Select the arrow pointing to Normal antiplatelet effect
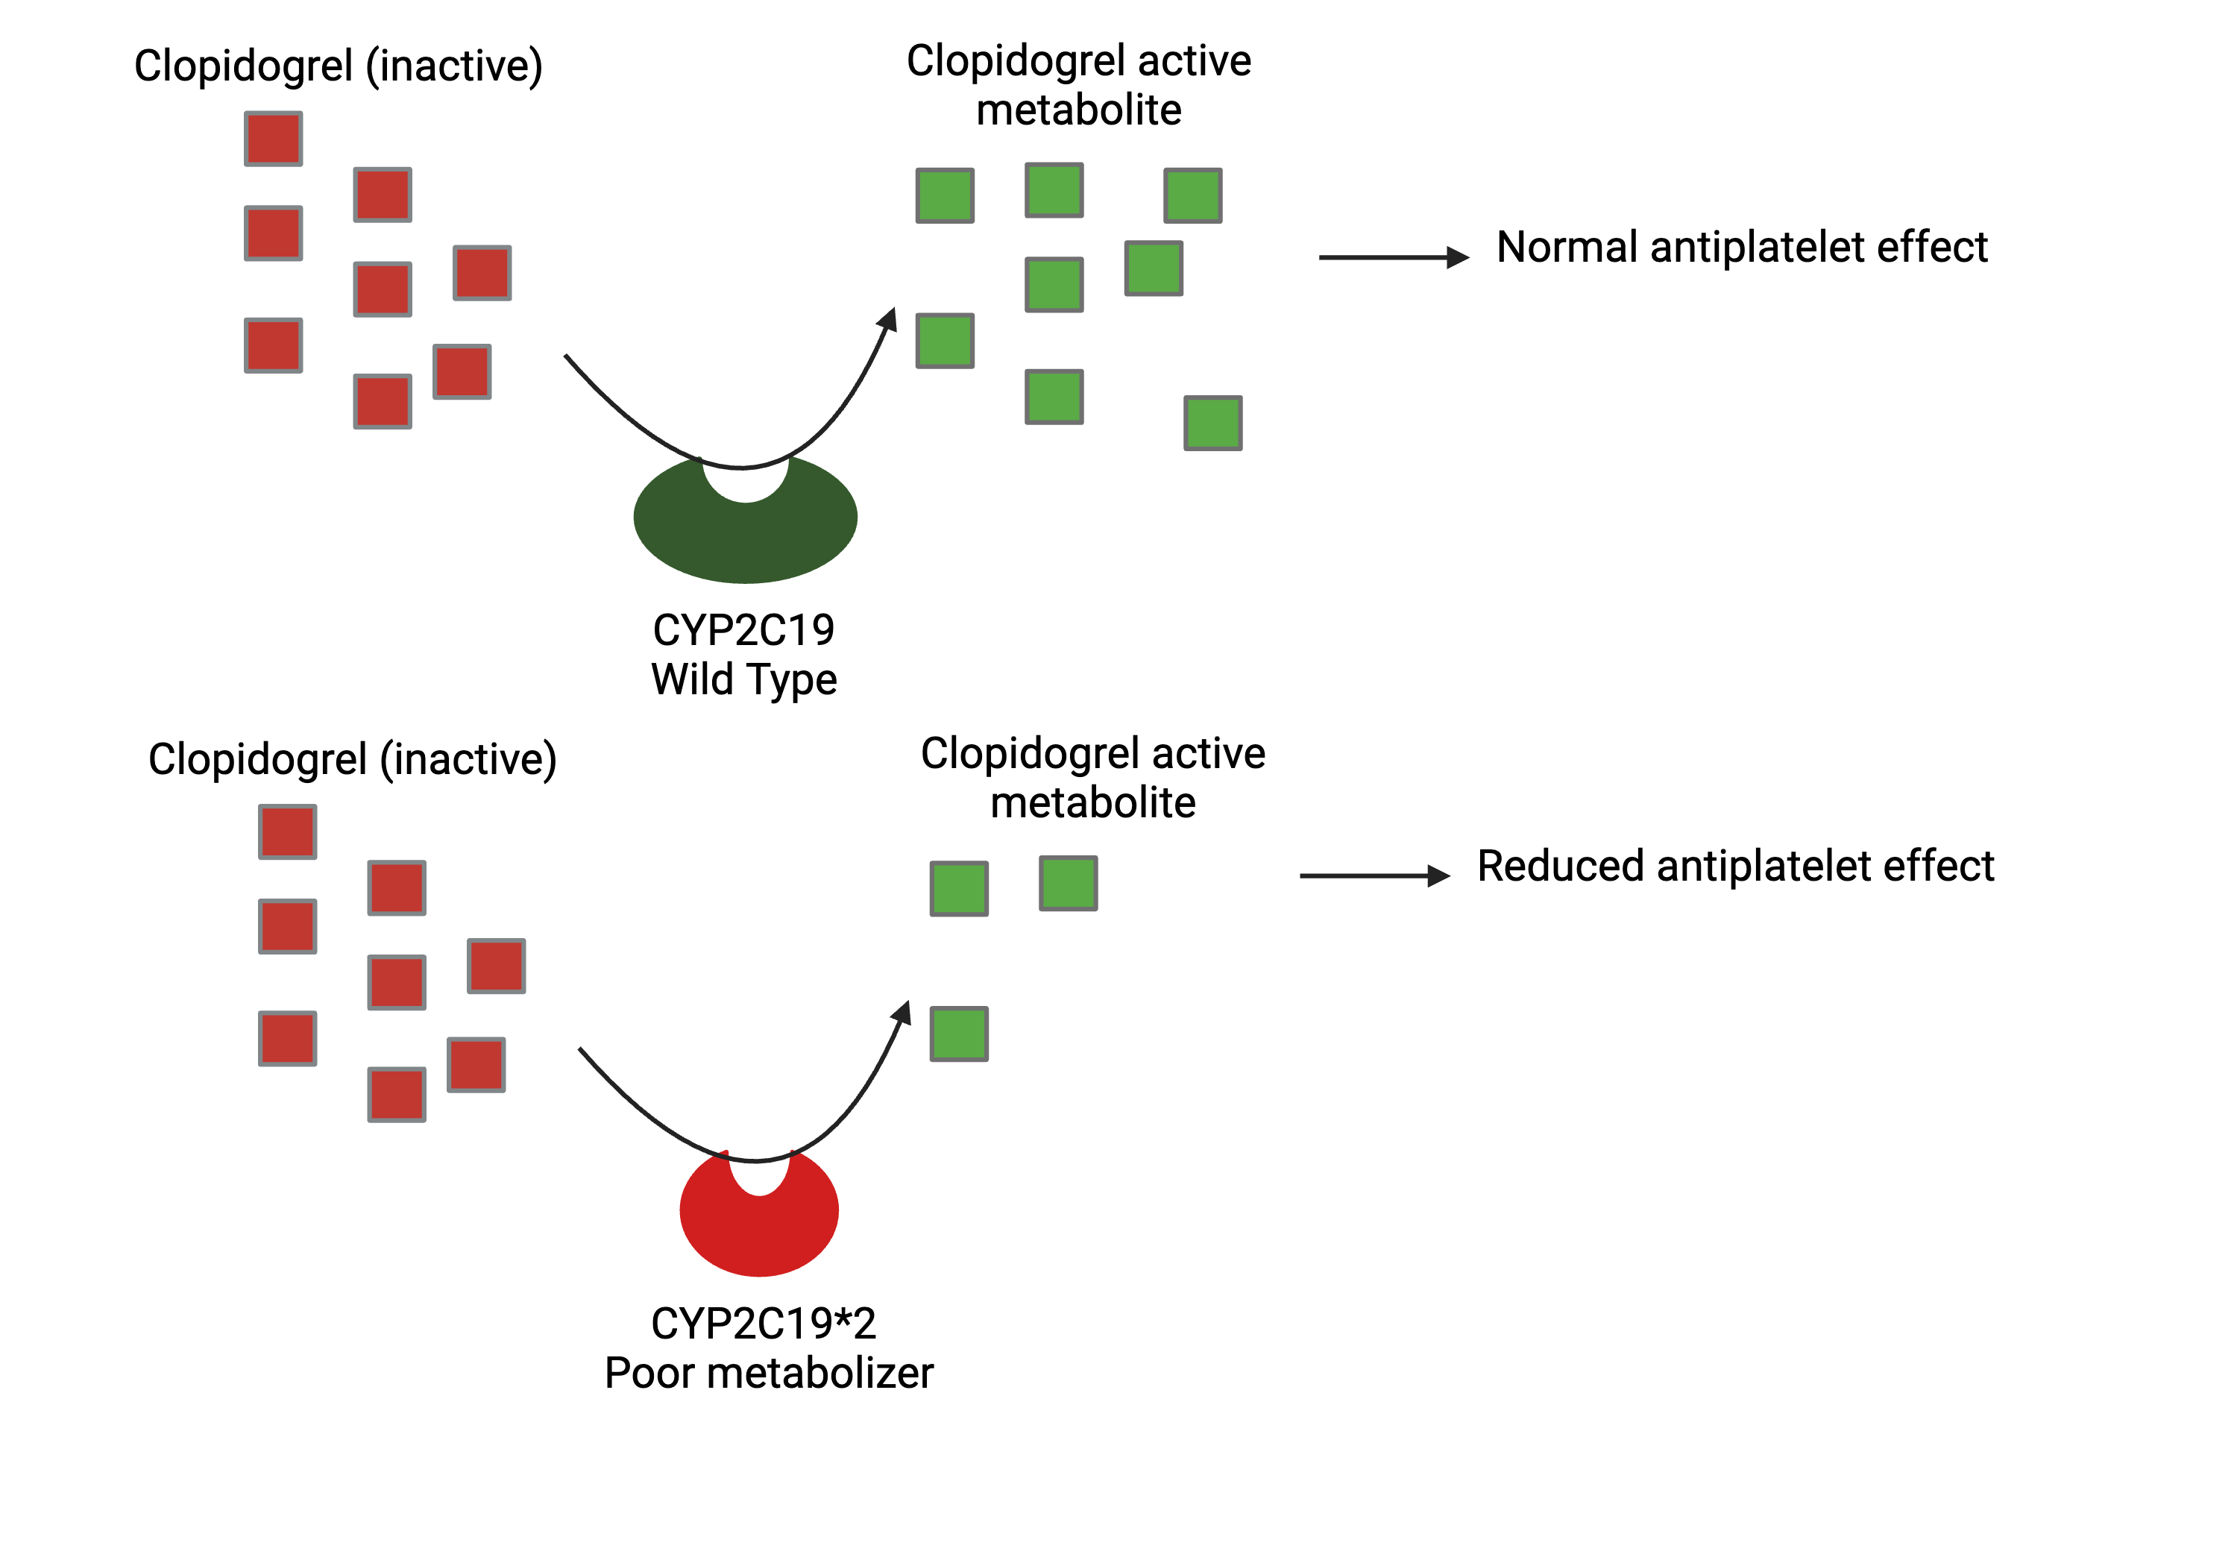tap(1393, 257)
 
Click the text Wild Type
tap(743, 680)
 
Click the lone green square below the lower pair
tap(959, 1034)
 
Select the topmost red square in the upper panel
tap(273, 139)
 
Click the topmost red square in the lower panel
tap(287, 832)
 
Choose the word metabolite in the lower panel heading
tap(1092, 804)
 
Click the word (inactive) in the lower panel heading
tap(468, 760)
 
